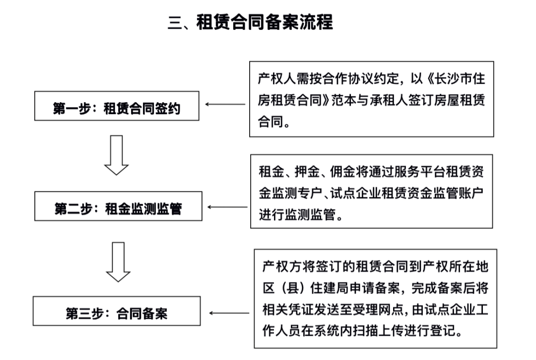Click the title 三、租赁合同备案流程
click(x=250, y=23)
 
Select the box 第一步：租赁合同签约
click(x=117, y=106)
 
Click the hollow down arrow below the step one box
click(x=117, y=155)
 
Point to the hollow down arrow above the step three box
click(x=118, y=261)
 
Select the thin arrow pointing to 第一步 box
click(x=226, y=105)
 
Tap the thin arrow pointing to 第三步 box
click(x=230, y=313)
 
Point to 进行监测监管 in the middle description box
click(x=297, y=214)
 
